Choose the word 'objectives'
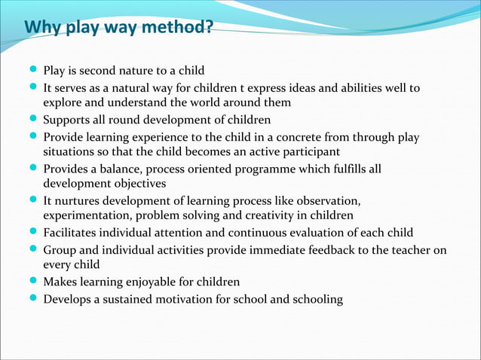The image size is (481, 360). pyautogui.click(x=137, y=183)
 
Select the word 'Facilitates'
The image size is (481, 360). pyautogui.click(x=73, y=232)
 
